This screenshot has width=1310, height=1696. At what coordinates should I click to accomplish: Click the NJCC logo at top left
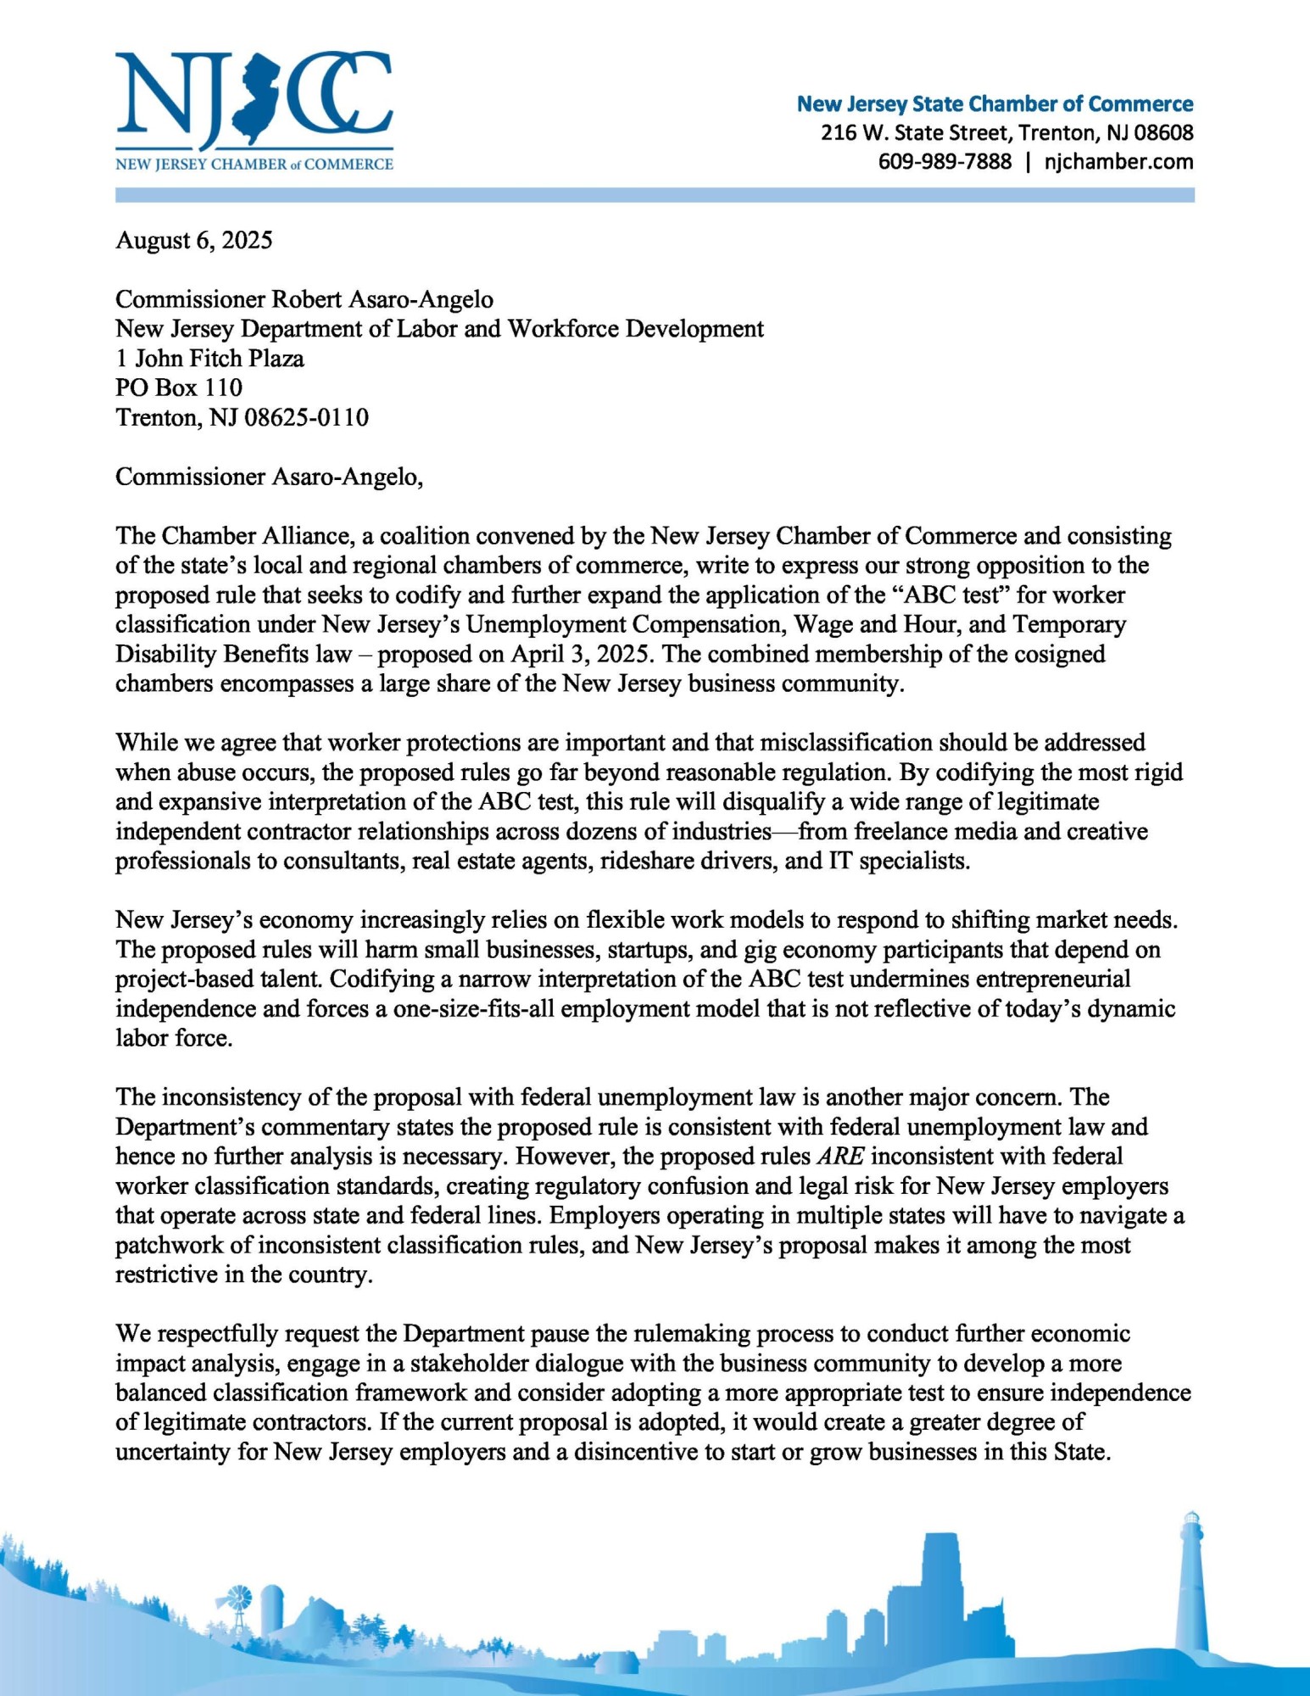(254, 110)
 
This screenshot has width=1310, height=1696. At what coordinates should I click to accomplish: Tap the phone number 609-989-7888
(945, 161)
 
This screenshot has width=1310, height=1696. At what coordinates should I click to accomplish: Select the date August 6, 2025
(194, 241)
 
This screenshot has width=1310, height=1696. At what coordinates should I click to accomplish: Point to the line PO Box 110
(179, 388)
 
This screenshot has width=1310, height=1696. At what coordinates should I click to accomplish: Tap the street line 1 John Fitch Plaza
(209, 358)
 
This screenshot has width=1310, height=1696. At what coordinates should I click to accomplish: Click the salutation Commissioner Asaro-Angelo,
(269, 477)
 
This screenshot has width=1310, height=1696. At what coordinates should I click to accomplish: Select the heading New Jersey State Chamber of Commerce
(995, 104)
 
